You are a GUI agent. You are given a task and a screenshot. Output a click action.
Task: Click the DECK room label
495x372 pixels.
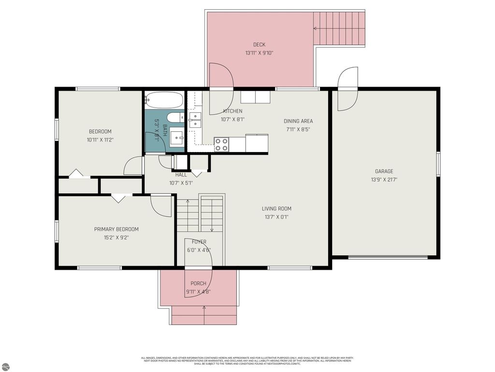[x=259, y=45]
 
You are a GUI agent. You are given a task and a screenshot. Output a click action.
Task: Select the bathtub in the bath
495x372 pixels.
[x=164, y=100]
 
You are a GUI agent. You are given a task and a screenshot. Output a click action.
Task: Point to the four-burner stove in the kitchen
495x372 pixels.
[x=221, y=144]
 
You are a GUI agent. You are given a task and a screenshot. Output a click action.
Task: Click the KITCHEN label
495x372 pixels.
[x=233, y=111]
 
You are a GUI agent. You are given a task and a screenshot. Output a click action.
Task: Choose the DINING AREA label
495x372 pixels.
[x=298, y=121]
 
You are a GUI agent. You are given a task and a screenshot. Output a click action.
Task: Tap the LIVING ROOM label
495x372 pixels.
[x=277, y=209]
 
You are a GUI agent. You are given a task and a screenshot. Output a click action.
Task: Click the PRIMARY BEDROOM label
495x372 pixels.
[x=116, y=229]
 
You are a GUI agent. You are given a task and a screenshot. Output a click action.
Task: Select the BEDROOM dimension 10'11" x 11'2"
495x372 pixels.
[x=100, y=139]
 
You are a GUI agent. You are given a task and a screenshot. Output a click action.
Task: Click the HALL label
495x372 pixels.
[x=181, y=175]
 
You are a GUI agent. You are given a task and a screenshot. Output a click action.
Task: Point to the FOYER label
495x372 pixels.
[x=199, y=242]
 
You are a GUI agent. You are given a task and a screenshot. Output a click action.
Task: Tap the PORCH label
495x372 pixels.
[x=198, y=283]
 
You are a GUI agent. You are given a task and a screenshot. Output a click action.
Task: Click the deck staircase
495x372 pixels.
[x=338, y=29]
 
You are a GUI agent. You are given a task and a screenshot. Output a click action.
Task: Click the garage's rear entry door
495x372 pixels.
[x=348, y=89]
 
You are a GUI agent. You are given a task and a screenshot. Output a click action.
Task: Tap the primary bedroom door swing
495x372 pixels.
[x=161, y=205]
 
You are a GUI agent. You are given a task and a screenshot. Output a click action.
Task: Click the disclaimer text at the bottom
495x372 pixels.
[x=247, y=361]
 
